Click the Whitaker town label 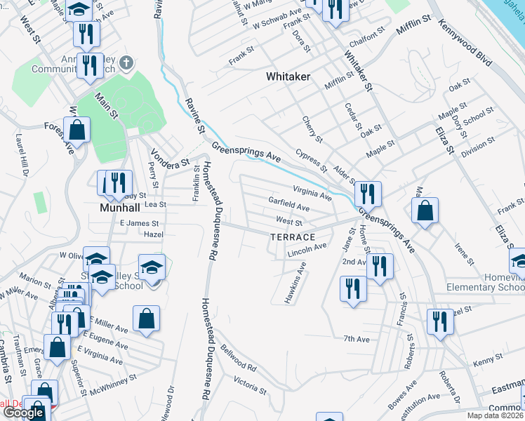288,76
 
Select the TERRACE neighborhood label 293,237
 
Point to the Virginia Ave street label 312,194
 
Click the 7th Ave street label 356,340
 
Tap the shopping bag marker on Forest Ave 77,130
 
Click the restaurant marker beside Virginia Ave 367,193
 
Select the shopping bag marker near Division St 425,210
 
